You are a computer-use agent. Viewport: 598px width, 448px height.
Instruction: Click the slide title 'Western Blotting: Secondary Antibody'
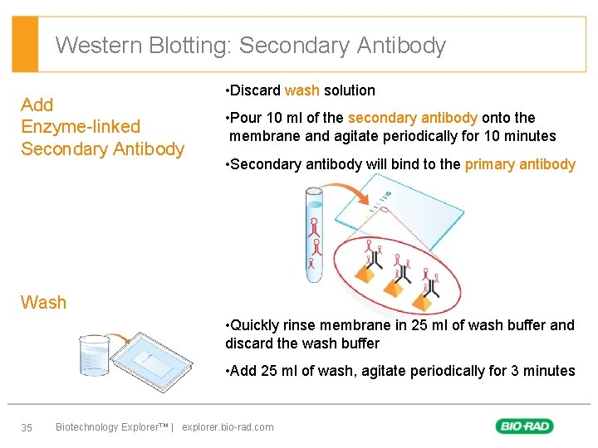coord(251,45)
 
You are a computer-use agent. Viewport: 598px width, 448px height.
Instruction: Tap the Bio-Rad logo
coord(525,426)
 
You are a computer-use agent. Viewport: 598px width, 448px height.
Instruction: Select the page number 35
coord(27,427)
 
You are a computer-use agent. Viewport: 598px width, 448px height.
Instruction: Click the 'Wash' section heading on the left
coord(43,302)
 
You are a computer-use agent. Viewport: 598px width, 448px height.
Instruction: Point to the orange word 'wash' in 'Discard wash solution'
coord(301,90)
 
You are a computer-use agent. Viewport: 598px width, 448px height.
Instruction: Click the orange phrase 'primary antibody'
coord(520,164)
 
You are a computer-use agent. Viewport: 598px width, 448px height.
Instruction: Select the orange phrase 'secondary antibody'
coord(412,118)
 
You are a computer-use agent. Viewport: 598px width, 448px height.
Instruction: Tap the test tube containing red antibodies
coord(314,232)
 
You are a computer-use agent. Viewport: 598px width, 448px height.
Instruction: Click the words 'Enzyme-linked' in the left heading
coord(81,127)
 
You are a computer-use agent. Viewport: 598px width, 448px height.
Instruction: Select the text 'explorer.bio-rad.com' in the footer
coord(228,427)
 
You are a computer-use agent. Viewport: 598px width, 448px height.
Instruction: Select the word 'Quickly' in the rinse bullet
coord(256,325)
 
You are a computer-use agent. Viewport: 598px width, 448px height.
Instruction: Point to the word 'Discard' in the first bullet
coord(254,90)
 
